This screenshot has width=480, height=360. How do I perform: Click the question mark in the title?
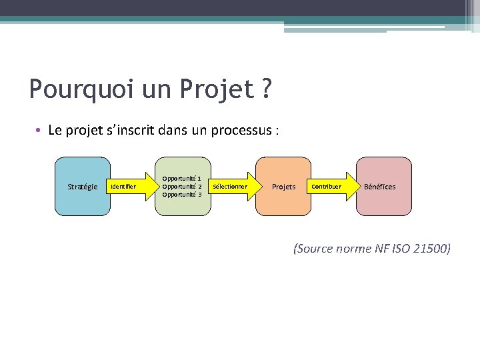coord(266,89)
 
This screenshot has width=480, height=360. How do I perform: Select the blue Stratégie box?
coord(83,187)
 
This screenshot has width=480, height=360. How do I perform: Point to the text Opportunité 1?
coord(182,179)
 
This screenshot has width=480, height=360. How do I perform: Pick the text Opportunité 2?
coord(182,187)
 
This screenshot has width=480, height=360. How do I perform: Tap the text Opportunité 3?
coord(182,195)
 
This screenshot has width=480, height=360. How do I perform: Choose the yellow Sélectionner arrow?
coord(232,187)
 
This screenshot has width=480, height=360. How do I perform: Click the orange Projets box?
coord(284,187)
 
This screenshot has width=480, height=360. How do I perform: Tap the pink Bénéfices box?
coord(380,187)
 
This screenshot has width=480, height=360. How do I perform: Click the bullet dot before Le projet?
coord(40,130)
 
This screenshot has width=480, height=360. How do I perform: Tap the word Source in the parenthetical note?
coord(317,249)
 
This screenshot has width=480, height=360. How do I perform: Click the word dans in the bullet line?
coord(173,130)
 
